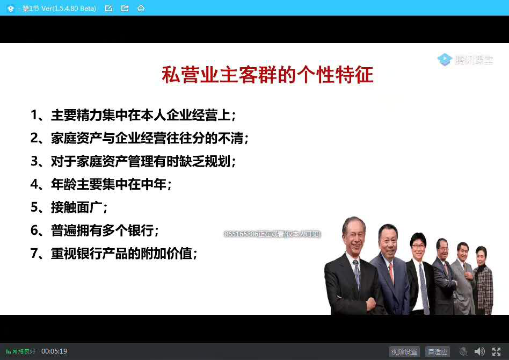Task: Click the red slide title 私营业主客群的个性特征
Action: point(267,75)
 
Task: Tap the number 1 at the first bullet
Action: point(34,115)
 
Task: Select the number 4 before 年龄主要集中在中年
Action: point(34,184)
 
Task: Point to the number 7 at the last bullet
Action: point(34,253)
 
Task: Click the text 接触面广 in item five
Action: point(77,207)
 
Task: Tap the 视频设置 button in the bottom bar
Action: point(404,351)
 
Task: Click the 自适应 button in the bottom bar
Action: point(438,351)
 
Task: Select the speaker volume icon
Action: point(479,351)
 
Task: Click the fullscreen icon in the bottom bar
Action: point(496,351)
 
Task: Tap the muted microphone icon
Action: point(463,351)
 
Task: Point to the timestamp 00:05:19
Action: point(54,351)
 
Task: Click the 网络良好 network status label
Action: point(21,351)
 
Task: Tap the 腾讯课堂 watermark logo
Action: point(465,60)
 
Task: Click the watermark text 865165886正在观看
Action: point(272,234)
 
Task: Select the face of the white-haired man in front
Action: point(355,237)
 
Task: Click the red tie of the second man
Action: point(391,272)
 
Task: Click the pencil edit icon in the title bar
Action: point(109,8)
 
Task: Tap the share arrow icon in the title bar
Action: point(125,8)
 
